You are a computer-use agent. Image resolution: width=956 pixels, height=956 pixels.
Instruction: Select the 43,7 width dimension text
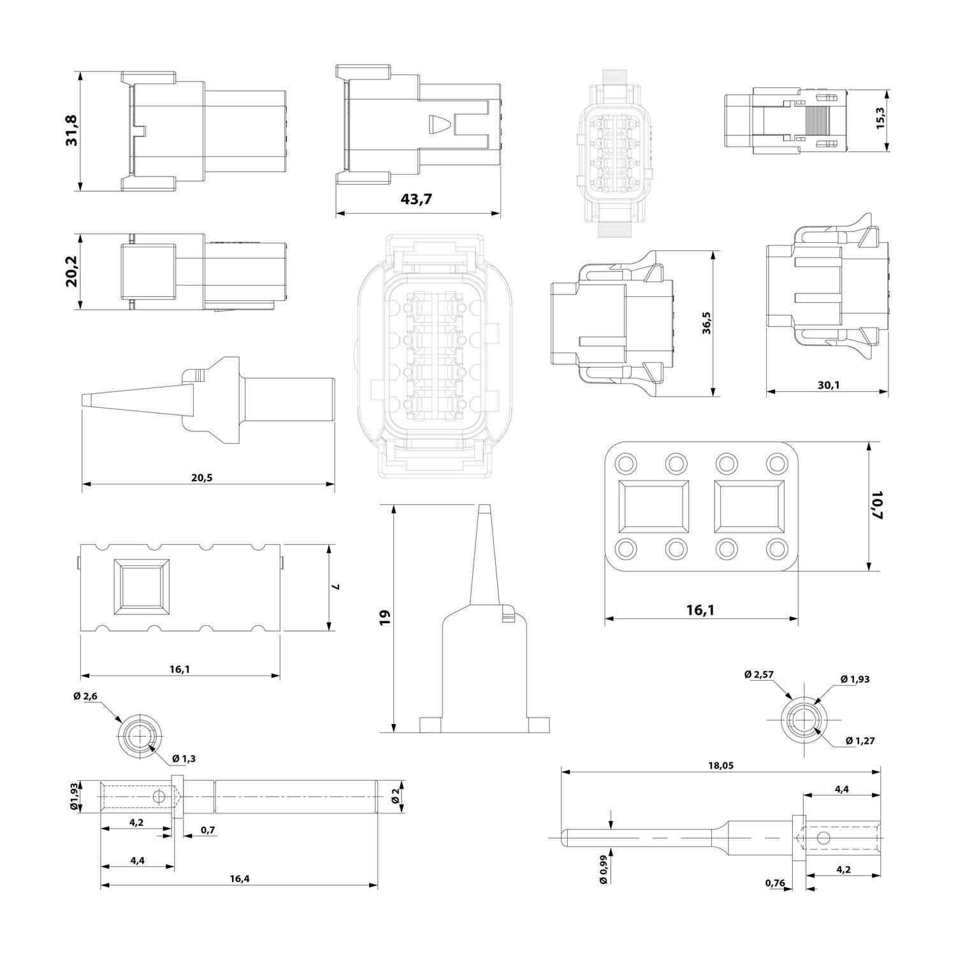(x=416, y=199)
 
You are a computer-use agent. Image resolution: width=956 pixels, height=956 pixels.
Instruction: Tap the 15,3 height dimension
(x=881, y=118)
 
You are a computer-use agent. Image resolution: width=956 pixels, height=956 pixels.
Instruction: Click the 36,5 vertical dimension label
(x=706, y=323)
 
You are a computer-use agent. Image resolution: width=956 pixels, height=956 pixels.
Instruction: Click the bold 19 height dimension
(x=384, y=617)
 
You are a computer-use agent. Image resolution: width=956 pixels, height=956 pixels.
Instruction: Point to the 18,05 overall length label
(x=721, y=765)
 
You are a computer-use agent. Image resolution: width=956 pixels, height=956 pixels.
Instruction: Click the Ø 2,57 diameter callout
(x=759, y=675)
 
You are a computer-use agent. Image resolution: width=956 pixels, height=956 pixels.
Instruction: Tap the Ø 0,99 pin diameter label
(x=603, y=869)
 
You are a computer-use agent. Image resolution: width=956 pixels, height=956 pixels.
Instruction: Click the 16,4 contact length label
(x=239, y=879)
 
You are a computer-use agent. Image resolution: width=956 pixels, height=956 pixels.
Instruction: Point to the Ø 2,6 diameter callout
(x=85, y=696)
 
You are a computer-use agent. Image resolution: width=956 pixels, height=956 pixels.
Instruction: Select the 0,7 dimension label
(x=207, y=830)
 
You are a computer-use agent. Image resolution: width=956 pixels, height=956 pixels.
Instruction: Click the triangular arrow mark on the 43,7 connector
(x=438, y=124)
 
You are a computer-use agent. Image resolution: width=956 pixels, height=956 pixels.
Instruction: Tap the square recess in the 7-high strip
(x=141, y=587)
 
